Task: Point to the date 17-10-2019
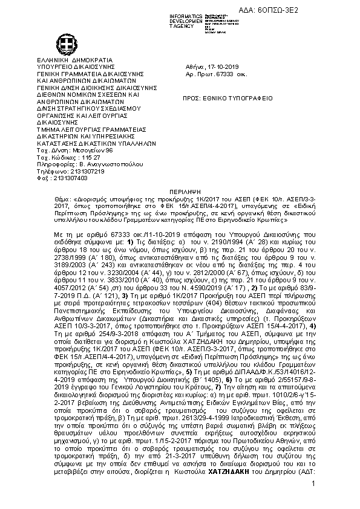pos(221,71)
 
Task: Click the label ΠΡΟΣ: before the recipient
pos(192,98)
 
